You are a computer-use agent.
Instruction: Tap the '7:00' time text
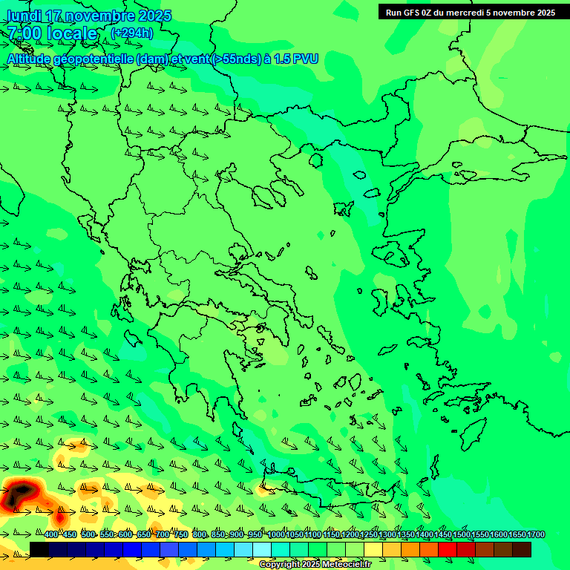tap(24, 33)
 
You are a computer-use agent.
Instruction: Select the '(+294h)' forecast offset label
tap(132, 33)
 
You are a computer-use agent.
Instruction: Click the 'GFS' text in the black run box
tap(410, 13)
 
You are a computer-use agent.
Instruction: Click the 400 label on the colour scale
tap(50, 534)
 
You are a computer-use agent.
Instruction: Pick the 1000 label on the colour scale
tap(276, 534)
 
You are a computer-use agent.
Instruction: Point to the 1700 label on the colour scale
tap(536, 534)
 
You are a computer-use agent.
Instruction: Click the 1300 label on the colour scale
tap(387, 534)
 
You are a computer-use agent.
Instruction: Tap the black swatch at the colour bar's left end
tap(39, 549)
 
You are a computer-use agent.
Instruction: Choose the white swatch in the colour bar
tap(262, 549)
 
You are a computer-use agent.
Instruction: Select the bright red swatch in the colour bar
tap(448, 549)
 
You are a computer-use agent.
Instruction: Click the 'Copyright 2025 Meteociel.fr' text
tap(315, 564)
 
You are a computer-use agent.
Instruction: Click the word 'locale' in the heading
tap(72, 33)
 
